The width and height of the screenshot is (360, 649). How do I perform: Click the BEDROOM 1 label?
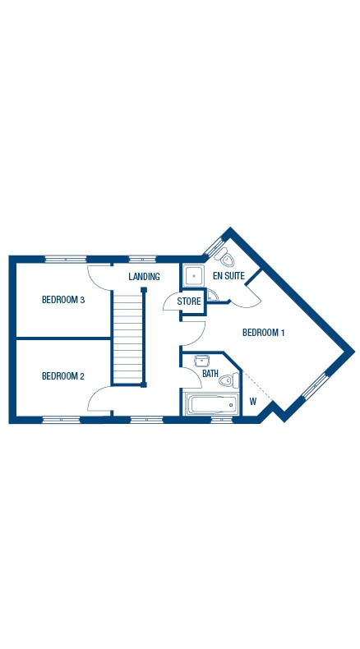(263, 333)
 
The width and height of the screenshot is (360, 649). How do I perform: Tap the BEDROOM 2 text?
(63, 376)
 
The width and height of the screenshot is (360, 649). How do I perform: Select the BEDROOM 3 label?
(63, 300)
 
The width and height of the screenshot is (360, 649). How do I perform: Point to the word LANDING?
(144, 277)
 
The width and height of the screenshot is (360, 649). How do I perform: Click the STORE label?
(190, 301)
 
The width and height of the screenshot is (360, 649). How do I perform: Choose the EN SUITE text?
(228, 276)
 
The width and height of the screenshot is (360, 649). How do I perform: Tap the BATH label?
(210, 375)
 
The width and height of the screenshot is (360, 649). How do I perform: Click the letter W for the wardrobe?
(253, 402)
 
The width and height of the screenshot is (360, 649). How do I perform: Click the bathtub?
(210, 403)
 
